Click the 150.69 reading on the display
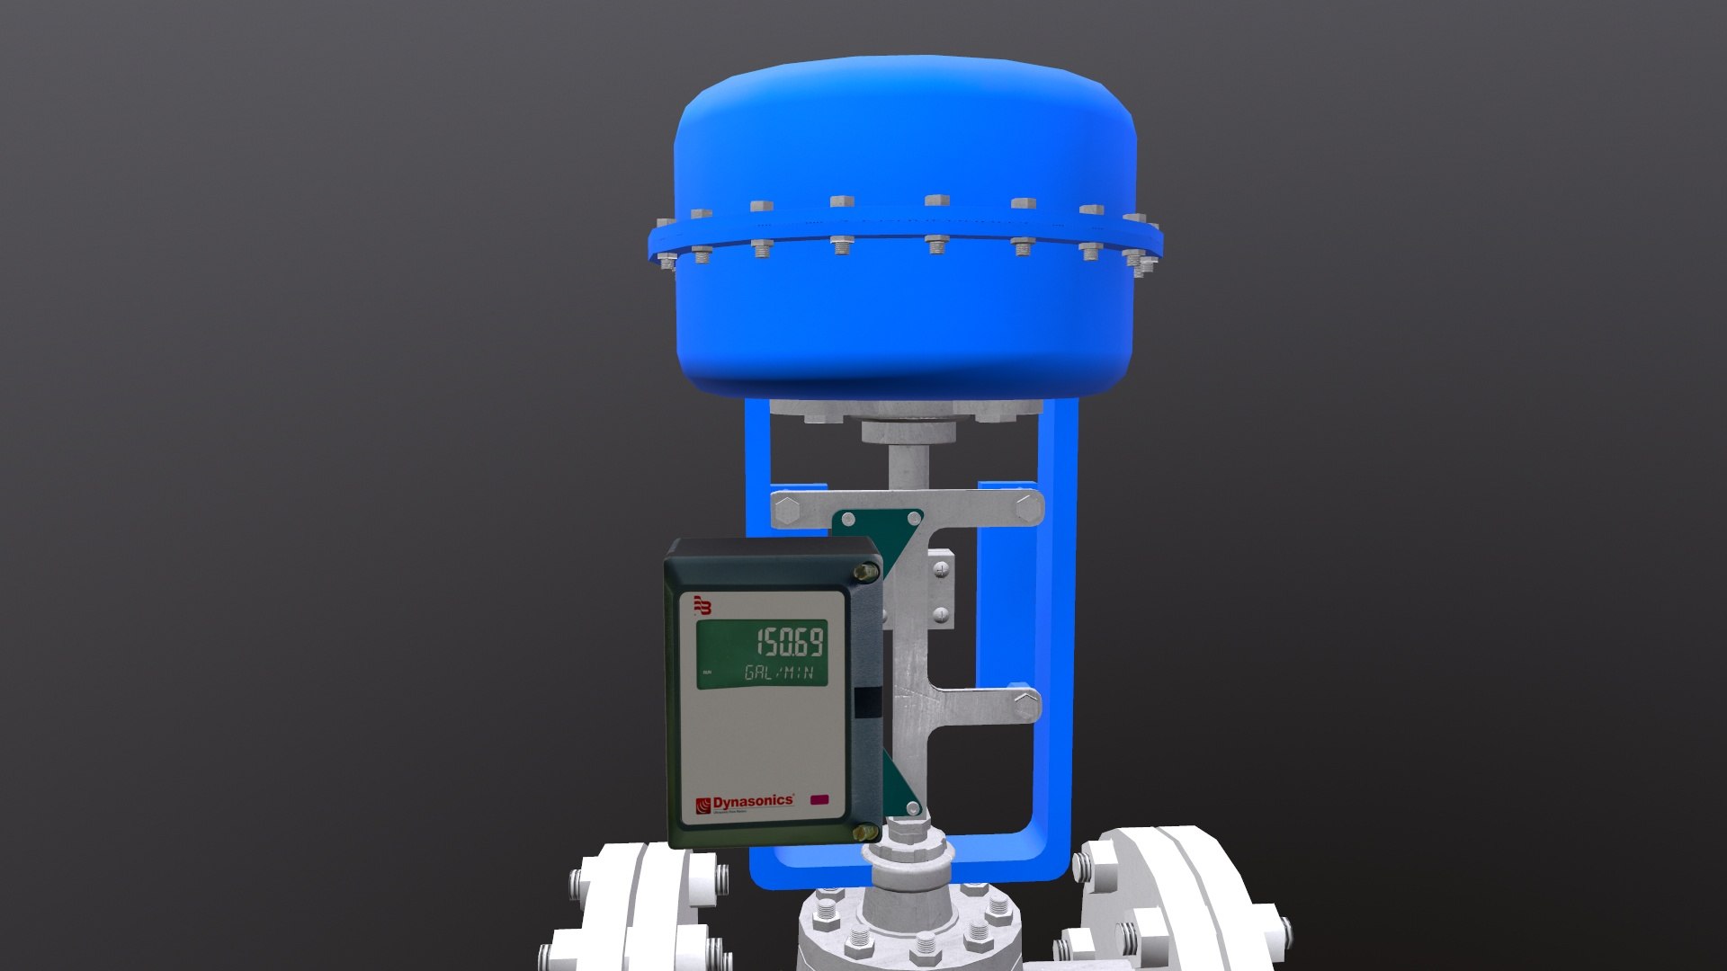(x=789, y=643)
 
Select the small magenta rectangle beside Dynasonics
(x=819, y=799)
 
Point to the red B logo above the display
(x=702, y=606)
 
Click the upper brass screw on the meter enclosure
(x=866, y=571)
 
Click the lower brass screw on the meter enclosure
(x=865, y=833)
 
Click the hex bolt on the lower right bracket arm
(x=1025, y=703)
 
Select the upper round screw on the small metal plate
(x=941, y=570)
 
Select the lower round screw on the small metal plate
(x=941, y=615)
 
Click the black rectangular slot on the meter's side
(x=869, y=702)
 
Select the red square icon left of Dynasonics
(x=703, y=804)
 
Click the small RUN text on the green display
(x=706, y=673)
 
